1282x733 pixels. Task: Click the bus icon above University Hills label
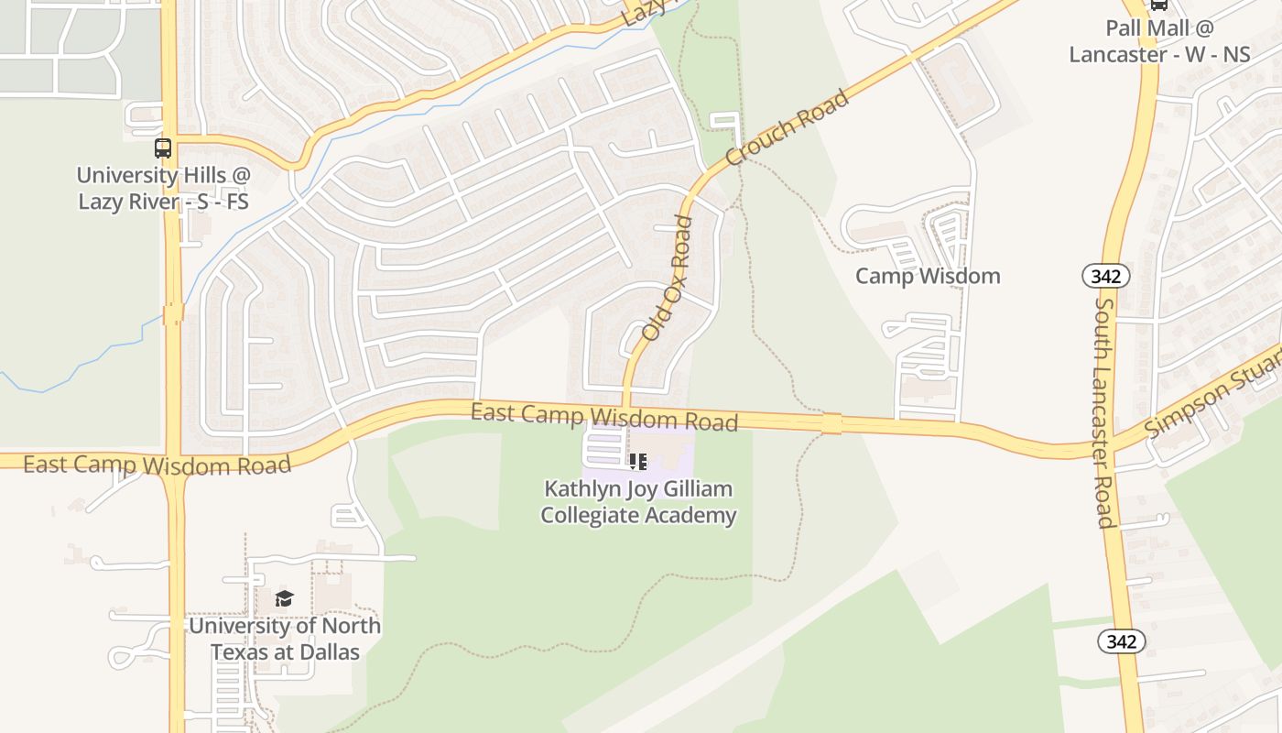(163, 148)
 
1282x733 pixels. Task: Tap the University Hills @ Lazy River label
(163, 188)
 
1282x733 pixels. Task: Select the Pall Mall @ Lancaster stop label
(1159, 42)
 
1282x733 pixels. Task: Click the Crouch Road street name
(788, 128)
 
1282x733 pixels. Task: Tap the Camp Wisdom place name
(928, 276)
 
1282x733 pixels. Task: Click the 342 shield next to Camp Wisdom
(1105, 275)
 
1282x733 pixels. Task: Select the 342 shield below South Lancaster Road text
(1121, 641)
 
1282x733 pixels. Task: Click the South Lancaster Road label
(1104, 412)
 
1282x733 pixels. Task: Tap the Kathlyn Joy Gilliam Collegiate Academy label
(638, 502)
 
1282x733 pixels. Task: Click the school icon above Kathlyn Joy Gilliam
(638, 461)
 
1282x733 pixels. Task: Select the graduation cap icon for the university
(284, 599)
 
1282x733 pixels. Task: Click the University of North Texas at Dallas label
(284, 639)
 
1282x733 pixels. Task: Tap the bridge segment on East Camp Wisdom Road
(831, 423)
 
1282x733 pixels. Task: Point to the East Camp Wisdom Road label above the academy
(604, 416)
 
